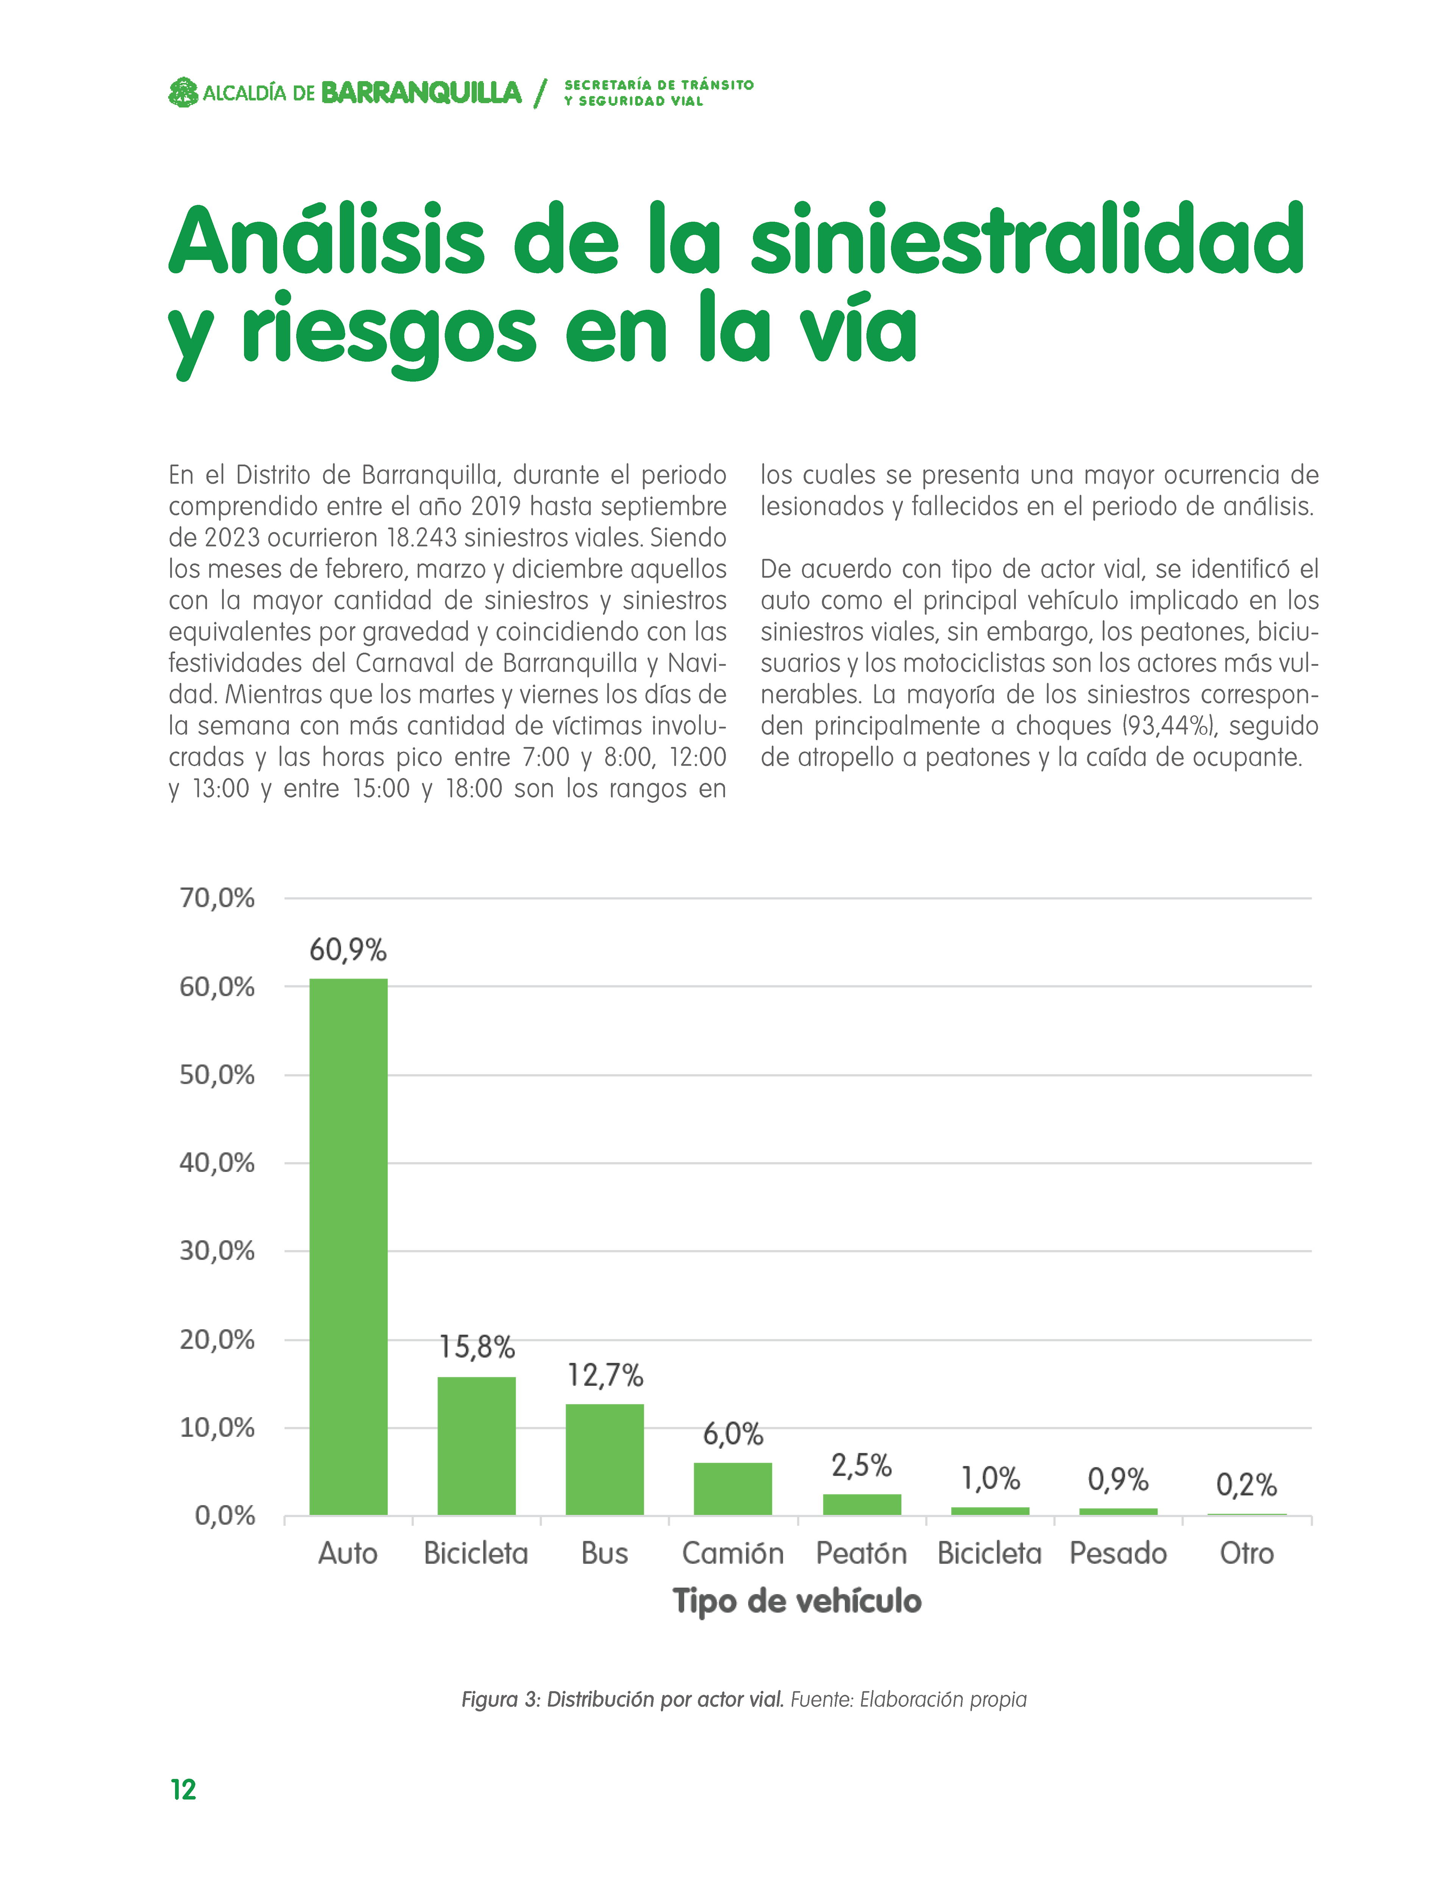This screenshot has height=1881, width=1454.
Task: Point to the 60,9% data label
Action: pyautogui.click(x=348, y=950)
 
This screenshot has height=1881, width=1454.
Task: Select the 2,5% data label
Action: pyautogui.click(x=861, y=1465)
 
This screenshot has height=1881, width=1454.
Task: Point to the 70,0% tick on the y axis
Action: pyautogui.click(x=217, y=898)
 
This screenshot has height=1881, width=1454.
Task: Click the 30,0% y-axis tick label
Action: pyautogui.click(x=217, y=1251)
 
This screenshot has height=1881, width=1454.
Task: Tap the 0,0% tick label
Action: pyautogui.click(x=225, y=1516)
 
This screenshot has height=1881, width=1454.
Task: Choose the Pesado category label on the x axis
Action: pyautogui.click(x=1118, y=1553)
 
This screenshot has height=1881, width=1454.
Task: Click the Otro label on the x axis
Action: pyautogui.click(x=1247, y=1553)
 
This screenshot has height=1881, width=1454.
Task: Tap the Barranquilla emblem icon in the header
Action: pyautogui.click(x=183, y=92)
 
